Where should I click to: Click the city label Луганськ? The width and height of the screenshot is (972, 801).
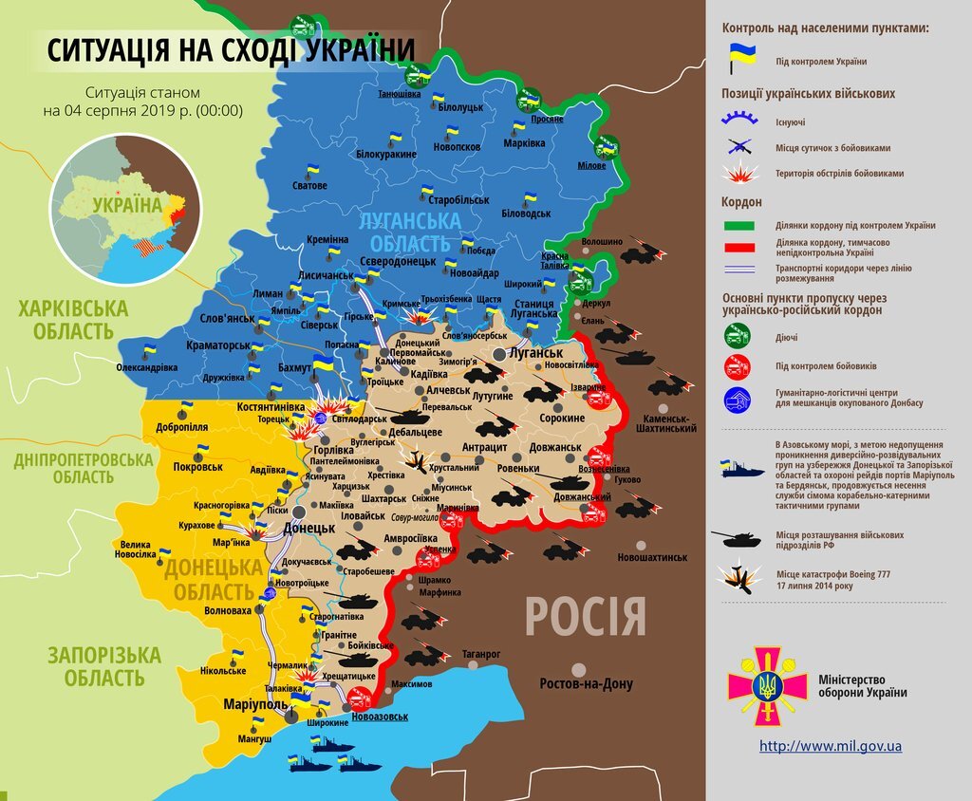tap(536, 353)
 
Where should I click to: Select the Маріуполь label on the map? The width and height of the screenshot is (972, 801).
tap(255, 705)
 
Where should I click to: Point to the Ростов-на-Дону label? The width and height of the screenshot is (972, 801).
tap(585, 683)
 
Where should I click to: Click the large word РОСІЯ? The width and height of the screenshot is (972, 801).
tap(586, 617)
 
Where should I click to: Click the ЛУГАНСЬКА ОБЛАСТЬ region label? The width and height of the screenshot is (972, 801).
tap(409, 231)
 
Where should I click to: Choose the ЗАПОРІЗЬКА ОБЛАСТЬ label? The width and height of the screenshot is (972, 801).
tap(91, 666)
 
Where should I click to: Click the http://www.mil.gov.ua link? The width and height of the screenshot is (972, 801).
tap(831, 746)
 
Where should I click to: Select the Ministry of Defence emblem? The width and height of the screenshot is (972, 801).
tap(761, 686)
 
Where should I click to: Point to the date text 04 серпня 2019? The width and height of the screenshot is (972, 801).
tap(142, 110)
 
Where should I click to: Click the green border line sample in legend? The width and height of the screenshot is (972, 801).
tap(739, 226)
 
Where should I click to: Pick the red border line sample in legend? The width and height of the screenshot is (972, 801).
tap(739, 247)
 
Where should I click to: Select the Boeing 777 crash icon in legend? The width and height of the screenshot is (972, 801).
tap(737, 578)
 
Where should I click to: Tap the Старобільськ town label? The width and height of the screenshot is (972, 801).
tap(458, 201)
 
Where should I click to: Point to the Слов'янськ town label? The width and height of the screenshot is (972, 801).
tap(226, 318)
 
